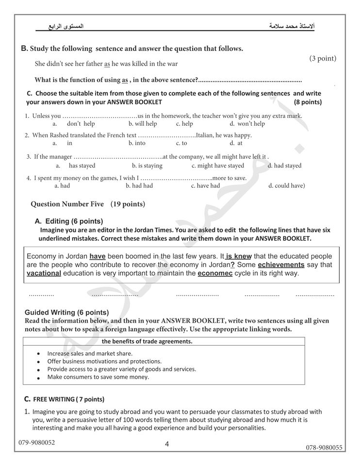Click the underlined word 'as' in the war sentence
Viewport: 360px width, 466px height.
[107, 64]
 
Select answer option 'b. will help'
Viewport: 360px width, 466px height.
[143, 124]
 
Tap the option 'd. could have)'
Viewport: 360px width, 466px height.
[286, 185]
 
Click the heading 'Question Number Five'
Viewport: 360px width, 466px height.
[67, 204]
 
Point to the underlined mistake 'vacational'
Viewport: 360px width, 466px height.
[44, 273]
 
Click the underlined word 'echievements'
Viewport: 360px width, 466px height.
[281, 265]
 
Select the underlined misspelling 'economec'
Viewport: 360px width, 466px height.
[215, 273]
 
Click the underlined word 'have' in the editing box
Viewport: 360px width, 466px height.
[98, 256]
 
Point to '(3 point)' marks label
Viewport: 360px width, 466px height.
[323, 58]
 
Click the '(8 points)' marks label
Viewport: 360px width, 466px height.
[308, 102]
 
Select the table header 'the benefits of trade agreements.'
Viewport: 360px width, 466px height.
[147, 341]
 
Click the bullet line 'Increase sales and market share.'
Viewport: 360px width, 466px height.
[90, 353]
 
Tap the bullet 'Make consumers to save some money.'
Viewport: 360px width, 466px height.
[98, 377]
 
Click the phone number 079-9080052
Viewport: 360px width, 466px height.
[37, 442]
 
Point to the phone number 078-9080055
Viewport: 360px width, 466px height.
[324, 447]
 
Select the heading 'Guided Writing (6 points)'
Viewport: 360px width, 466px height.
[66, 312]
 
